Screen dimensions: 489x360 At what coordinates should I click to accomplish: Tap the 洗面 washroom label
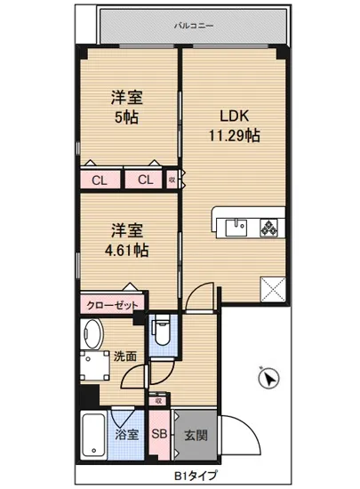[x=125, y=357]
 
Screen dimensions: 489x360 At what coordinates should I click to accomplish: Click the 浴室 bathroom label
[x=127, y=435]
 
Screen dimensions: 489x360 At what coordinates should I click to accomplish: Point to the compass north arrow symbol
[x=267, y=380]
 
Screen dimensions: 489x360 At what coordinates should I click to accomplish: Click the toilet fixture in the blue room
[x=163, y=333]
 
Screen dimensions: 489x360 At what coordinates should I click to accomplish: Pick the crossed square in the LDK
[x=271, y=286]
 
